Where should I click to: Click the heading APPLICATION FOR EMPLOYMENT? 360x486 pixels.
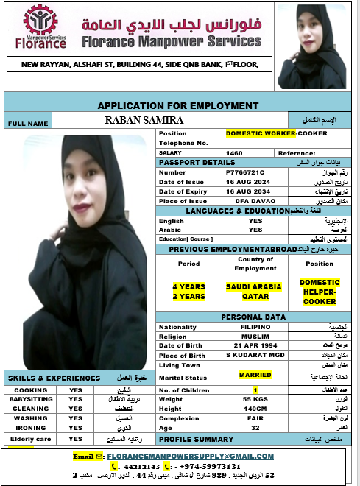[x=178, y=106]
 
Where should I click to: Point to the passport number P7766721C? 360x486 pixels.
[x=245, y=172]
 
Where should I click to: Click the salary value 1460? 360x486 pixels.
[x=235, y=152]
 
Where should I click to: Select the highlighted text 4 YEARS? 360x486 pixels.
[x=188, y=286]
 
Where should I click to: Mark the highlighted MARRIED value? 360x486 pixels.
[x=255, y=375]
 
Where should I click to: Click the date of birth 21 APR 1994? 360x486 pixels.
[x=255, y=345]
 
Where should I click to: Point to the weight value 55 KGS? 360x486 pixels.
[x=255, y=398]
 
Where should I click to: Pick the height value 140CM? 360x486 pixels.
[x=255, y=409]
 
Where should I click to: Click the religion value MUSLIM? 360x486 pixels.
[x=255, y=336]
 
